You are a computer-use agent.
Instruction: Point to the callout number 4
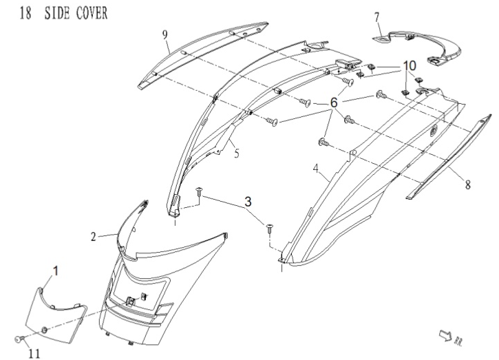315,167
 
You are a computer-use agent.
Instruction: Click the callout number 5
236,153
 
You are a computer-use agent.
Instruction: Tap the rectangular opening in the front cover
141,286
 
